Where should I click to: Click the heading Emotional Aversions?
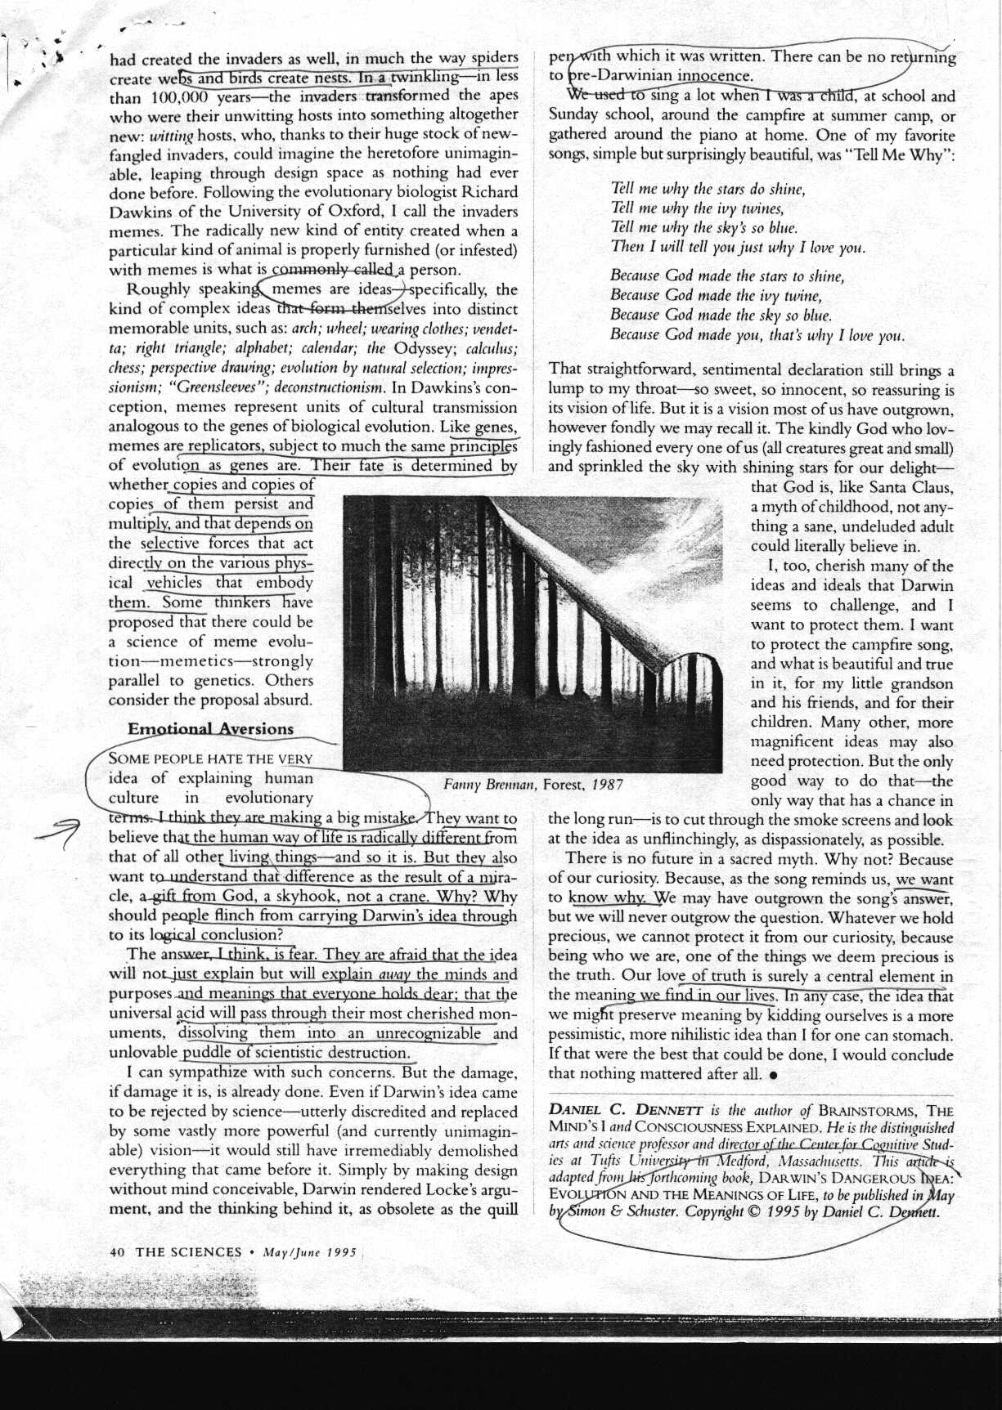tap(210, 728)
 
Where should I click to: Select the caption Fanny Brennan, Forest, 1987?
tap(532, 785)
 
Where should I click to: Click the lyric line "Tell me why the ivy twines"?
tap(697, 208)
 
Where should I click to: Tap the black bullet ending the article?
tap(774, 1075)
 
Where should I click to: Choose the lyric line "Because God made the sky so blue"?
tap(721, 315)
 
